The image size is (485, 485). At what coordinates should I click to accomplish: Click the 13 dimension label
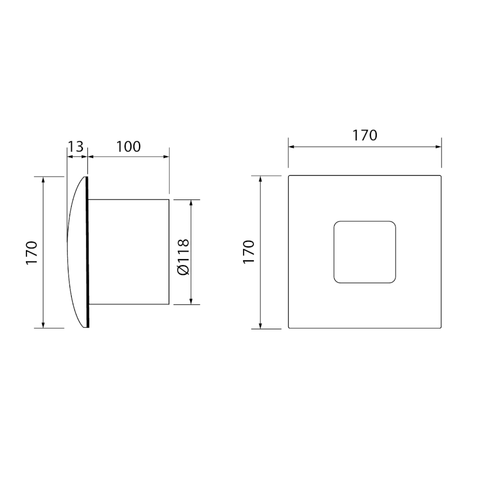(76, 147)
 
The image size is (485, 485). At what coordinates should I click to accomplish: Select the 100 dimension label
(128, 147)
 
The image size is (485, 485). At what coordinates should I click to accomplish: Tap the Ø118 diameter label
(183, 257)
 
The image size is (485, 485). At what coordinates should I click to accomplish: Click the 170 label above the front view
(365, 135)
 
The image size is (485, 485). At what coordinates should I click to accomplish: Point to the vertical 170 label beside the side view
(32, 252)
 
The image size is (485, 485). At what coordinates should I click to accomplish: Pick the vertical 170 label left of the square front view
(248, 252)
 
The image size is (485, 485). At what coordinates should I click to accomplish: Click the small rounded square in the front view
(365, 252)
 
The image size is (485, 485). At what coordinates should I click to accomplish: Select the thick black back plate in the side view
(87, 252)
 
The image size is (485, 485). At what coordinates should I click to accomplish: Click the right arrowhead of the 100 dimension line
(167, 157)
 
